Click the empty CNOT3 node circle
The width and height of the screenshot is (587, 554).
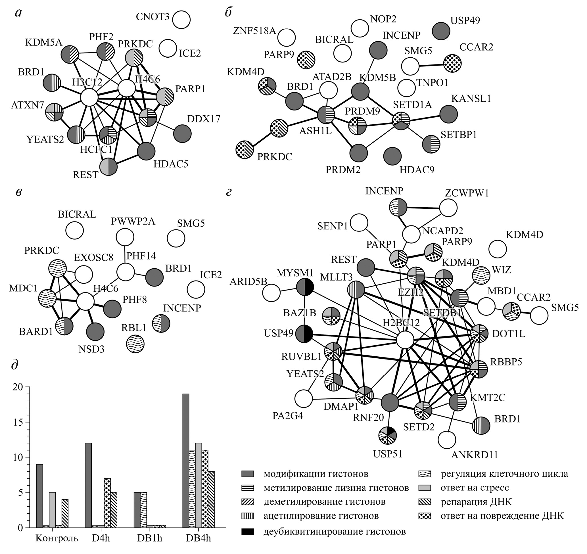tap(181, 20)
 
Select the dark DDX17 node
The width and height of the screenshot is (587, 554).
tap(182, 133)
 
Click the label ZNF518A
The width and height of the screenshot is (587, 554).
tap(254, 30)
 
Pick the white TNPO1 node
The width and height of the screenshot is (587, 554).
tap(407, 88)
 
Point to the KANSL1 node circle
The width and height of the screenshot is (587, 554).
tap(448, 114)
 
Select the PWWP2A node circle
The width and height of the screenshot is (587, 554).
tap(125, 237)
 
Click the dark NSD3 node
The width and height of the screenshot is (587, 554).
tap(95, 332)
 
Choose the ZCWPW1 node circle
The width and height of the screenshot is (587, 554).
tap(448, 208)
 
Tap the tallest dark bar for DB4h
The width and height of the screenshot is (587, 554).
tap(186, 460)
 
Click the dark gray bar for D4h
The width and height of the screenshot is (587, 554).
tap(88, 485)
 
